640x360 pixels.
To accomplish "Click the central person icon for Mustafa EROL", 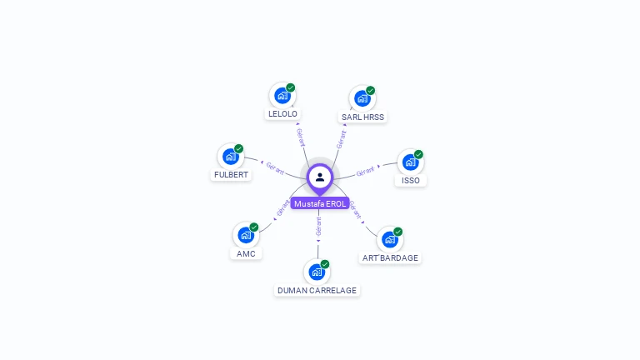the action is [x=320, y=177].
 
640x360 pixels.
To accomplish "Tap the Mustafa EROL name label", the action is [x=320, y=204].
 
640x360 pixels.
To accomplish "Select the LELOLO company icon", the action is [x=282, y=96].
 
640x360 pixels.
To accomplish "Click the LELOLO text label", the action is [x=282, y=114].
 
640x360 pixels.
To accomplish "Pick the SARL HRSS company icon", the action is [x=362, y=98].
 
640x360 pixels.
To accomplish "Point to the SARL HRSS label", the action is [x=362, y=117].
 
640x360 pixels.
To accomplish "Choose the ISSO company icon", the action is [x=410, y=162].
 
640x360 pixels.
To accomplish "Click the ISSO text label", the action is [x=411, y=181].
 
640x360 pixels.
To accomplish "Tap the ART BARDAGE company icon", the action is [x=389, y=240].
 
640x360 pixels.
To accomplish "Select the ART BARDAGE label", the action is [x=390, y=258].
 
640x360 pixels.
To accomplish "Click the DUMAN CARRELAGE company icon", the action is [x=316, y=272].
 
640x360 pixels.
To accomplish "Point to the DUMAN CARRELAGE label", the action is [x=317, y=291].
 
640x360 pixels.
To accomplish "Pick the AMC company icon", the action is [x=245, y=235].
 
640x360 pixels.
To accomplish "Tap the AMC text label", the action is [x=246, y=253].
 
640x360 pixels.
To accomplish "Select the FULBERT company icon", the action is [x=230, y=157].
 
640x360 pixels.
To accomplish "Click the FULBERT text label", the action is [x=231, y=175].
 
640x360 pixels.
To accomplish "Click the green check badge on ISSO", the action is [x=418, y=154].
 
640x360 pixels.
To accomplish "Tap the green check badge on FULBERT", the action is [x=238, y=148].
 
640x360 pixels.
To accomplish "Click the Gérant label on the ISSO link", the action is [x=366, y=172].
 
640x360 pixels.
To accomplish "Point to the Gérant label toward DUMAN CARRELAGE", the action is [x=318, y=225].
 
